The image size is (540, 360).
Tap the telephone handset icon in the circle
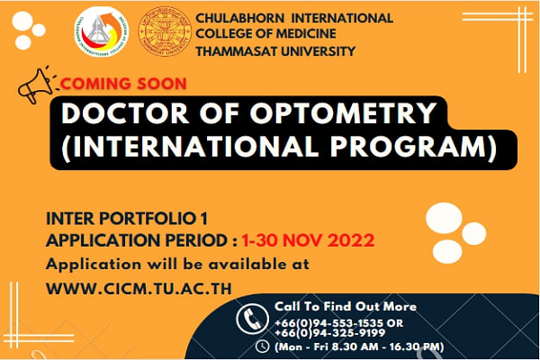click(252, 319)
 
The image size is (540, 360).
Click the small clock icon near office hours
click(263, 346)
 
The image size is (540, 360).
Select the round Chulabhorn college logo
click(102, 31)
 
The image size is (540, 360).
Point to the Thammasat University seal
click(165, 31)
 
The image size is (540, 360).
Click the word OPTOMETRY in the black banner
click(343, 113)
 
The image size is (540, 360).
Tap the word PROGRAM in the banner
click(413, 147)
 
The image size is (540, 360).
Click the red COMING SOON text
click(123, 84)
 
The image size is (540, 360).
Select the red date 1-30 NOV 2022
click(308, 240)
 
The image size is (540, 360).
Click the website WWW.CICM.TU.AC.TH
click(139, 289)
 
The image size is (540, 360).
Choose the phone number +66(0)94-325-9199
click(330, 333)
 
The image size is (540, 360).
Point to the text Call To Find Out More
click(346, 306)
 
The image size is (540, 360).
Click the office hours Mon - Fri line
click(359, 346)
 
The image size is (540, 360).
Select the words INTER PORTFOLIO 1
click(127, 219)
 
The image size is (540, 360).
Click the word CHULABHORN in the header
click(240, 18)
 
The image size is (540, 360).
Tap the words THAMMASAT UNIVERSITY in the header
click(275, 51)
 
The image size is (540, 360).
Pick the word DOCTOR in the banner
click(125, 113)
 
